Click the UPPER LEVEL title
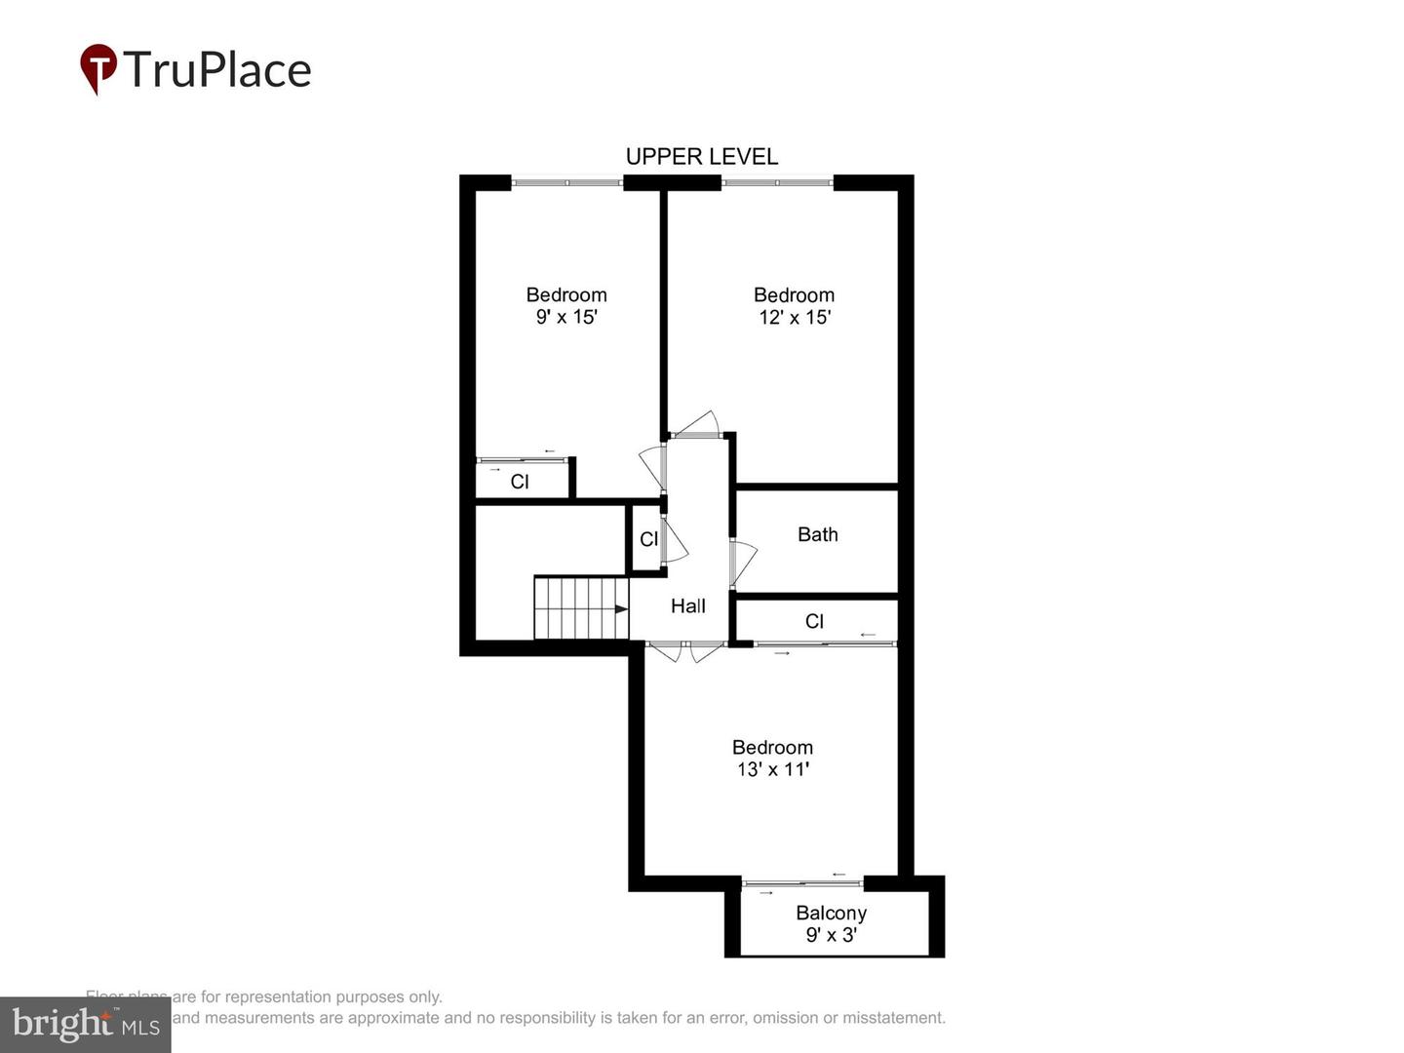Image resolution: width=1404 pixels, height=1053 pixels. pyautogui.click(x=701, y=157)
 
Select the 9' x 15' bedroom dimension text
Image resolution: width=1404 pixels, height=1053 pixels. pyautogui.click(x=565, y=317)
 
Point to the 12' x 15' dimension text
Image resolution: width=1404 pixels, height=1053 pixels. pyautogui.click(x=794, y=317)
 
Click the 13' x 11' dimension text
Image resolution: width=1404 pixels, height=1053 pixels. pyautogui.click(x=772, y=769)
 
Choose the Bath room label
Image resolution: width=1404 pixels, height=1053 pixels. pyautogui.click(x=817, y=534)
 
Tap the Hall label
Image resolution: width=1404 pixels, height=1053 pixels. pyautogui.click(x=687, y=606)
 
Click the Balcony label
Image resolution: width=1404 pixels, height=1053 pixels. pyautogui.click(x=831, y=913)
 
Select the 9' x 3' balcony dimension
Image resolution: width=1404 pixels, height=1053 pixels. pyautogui.click(x=831, y=935)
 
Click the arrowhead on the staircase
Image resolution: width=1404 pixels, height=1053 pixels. pyautogui.click(x=621, y=609)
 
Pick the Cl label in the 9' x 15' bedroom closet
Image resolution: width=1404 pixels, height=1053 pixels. pyautogui.click(x=520, y=482)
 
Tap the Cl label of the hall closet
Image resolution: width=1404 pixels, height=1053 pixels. pyautogui.click(x=648, y=539)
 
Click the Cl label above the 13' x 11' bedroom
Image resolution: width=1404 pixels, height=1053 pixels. pyautogui.click(x=814, y=621)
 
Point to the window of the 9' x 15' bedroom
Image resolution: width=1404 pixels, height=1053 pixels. pyautogui.click(x=567, y=181)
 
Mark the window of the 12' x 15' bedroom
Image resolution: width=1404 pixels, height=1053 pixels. pyautogui.click(x=777, y=181)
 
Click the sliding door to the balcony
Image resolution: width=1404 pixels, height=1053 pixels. pyautogui.click(x=802, y=883)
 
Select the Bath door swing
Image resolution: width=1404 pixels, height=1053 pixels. pyautogui.click(x=744, y=564)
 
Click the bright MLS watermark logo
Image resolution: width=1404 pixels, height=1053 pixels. pyautogui.click(x=85, y=1025)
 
